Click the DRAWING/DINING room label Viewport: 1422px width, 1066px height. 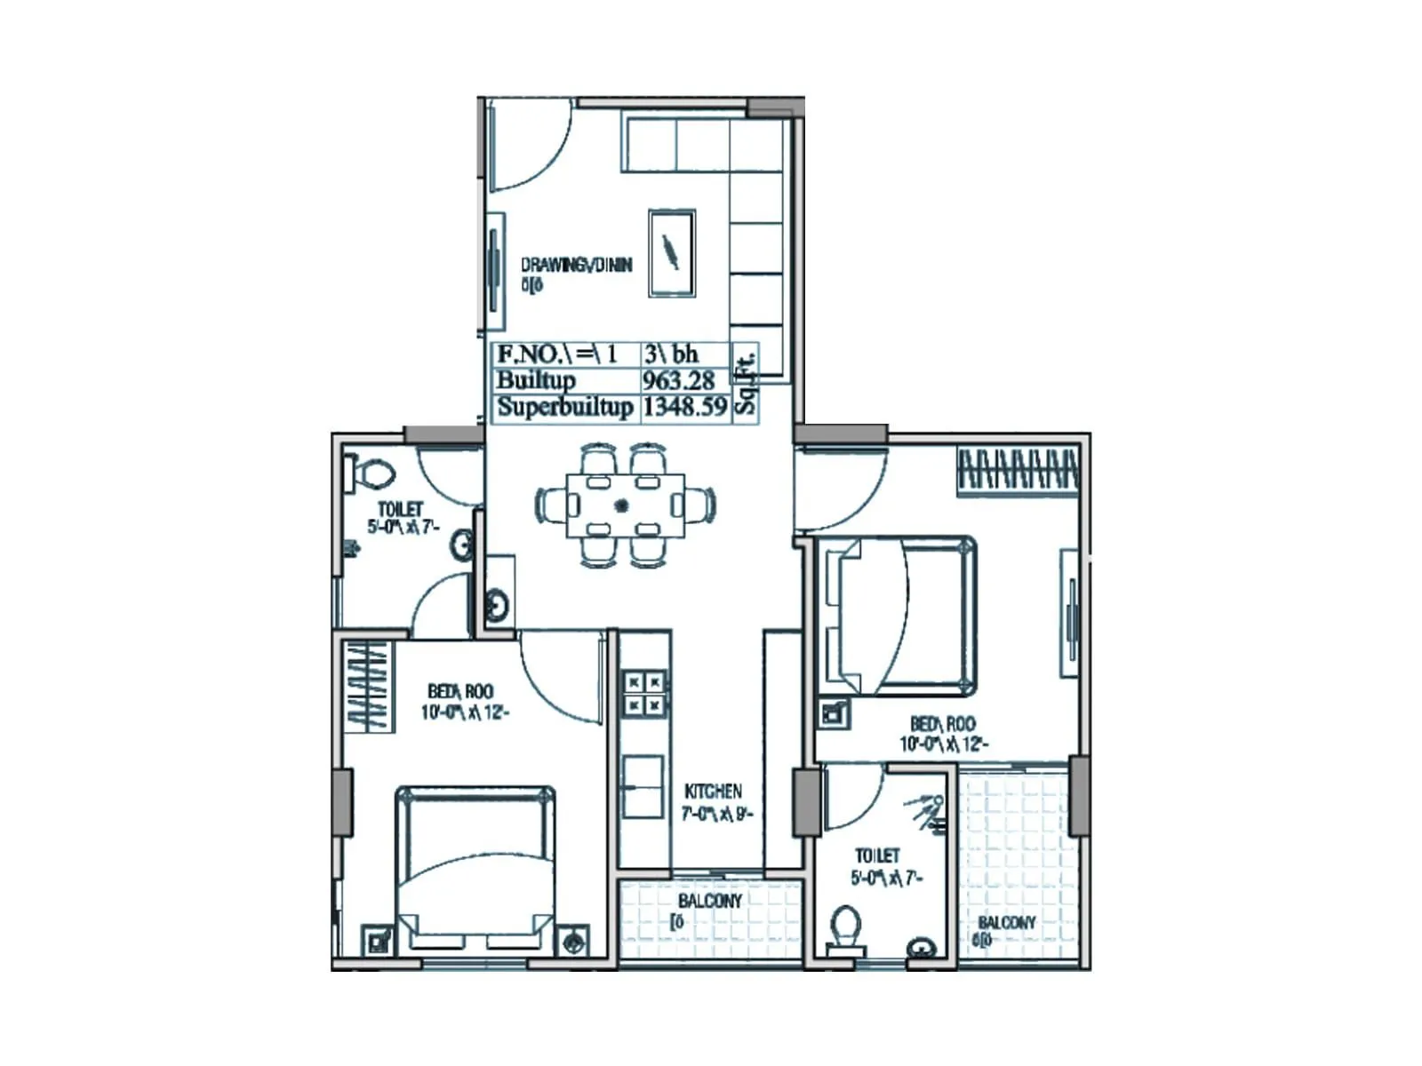(576, 265)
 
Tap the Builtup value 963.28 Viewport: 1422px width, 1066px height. (678, 381)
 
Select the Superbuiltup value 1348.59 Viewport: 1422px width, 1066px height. (684, 408)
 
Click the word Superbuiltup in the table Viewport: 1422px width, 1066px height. (564, 408)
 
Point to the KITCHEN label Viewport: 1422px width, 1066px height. (713, 792)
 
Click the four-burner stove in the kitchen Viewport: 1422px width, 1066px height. (644, 694)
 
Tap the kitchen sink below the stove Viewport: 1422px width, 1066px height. (642, 786)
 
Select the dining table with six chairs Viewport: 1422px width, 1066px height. (626, 505)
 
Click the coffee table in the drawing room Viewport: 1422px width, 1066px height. (672, 253)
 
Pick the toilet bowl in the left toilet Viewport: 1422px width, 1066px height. (374, 473)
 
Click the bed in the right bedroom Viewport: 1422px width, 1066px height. (898, 616)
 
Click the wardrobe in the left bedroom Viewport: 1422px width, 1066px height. (368, 686)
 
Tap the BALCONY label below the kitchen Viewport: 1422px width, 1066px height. (709, 901)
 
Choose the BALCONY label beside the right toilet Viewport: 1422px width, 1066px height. (1006, 923)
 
